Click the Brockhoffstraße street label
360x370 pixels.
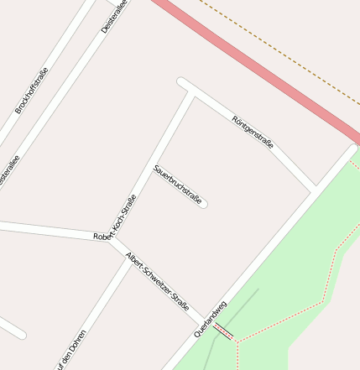click(x=33, y=91)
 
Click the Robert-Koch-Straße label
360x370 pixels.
click(x=116, y=217)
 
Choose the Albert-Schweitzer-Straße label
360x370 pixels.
click(x=157, y=281)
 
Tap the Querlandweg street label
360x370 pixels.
click(x=211, y=318)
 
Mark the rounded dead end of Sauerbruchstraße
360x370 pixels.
click(x=204, y=203)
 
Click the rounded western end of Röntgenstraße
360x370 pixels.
click(x=181, y=82)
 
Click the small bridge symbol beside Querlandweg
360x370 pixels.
click(x=223, y=331)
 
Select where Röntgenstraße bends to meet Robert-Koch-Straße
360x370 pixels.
click(x=192, y=93)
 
